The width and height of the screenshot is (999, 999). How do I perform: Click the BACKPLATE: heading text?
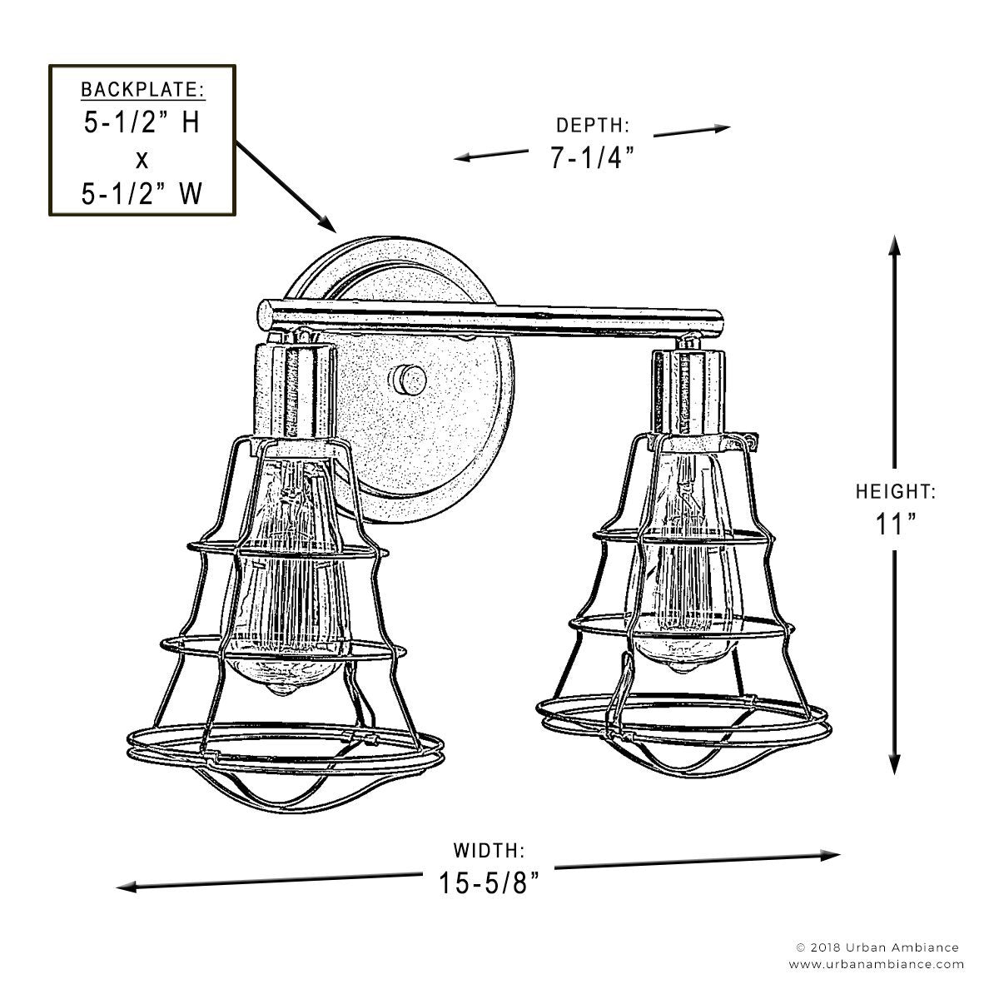click(x=142, y=90)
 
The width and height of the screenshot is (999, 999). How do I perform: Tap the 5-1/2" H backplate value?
click(x=142, y=123)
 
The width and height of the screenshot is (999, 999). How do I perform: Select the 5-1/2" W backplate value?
click(x=142, y=195)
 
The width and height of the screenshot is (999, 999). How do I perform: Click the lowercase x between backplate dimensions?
click(x=142, y=160)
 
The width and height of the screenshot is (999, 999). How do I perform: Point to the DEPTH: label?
click(x=593, y=126)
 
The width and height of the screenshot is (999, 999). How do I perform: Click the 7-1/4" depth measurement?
click(x=592, y=157)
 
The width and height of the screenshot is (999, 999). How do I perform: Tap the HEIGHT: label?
click(x=896, y=491)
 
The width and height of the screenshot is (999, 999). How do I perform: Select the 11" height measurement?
click(x=895, y=524)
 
